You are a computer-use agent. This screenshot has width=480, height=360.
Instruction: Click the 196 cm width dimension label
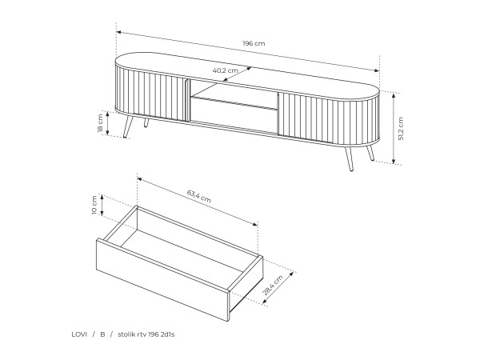(254, 43)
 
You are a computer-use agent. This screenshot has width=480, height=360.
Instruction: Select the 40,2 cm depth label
(226, 70)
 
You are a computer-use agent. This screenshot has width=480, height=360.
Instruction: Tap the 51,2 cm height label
(401, 129)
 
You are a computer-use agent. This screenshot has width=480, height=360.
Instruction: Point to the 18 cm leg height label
(101, 123)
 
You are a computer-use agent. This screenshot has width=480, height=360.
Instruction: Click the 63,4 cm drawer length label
(199, 196)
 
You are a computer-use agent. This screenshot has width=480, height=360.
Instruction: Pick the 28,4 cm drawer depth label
(273, 285)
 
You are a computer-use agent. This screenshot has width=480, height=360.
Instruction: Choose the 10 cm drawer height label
(94, 205)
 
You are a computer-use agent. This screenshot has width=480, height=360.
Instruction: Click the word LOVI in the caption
(79, 334)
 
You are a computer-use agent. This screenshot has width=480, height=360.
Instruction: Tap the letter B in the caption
(102, 334)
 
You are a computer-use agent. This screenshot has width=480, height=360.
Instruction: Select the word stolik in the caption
(126, 334)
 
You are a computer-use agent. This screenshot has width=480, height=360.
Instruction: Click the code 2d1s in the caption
(167, 334)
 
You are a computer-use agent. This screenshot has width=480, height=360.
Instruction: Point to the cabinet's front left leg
(128, 126)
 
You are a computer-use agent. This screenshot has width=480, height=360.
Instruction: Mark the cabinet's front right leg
(349, 158)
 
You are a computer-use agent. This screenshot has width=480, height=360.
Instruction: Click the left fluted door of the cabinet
(151, 95)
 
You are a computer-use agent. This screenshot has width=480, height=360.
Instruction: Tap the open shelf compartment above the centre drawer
(234, 93)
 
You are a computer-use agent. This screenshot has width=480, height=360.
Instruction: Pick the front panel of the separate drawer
(163, 280)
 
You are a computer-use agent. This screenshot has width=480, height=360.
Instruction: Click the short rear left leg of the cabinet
(146, 122)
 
